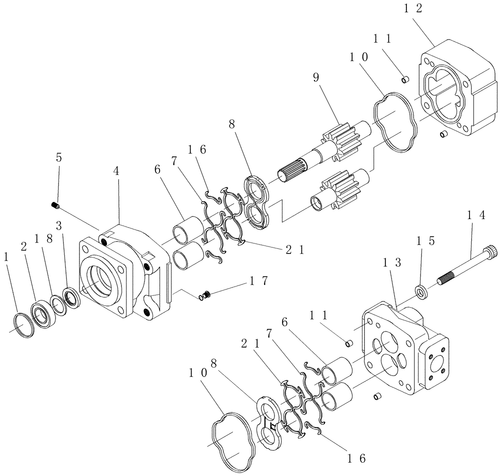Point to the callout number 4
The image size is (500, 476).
pos(116,170)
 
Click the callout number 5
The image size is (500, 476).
pos(59,157)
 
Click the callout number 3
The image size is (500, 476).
pos(59,225)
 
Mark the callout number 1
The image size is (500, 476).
pos(6,257)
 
